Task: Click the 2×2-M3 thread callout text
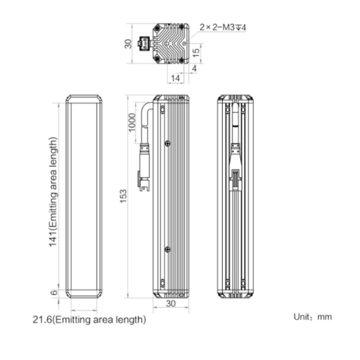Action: click(x=222, y=27)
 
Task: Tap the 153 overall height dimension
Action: click(x=123, y=196)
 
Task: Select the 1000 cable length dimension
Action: click(x=132, y=122)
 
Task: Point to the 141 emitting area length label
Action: click(x=53, y=192)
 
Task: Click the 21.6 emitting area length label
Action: click(x=89, y=320)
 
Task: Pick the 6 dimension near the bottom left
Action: click(x=54, y=292)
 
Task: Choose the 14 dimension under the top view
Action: click(x=175, y=78)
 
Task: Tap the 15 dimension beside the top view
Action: click(x=196, y=53)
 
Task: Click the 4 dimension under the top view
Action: click(x=194, y=69)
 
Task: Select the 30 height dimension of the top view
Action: click(x=128, y=44)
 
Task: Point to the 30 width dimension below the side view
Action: click(x=171, y=303)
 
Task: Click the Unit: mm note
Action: click(x=312, y=317)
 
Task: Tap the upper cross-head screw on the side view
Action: click(x=168, y=144)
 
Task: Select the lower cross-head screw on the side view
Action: click(x=168, y=249)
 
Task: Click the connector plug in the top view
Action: click(x=144, y=44)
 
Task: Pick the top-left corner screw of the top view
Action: click(x=157, y=28)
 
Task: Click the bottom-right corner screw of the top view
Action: click(x=181, y=60)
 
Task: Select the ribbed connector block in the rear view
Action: click(x=235, y=179)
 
